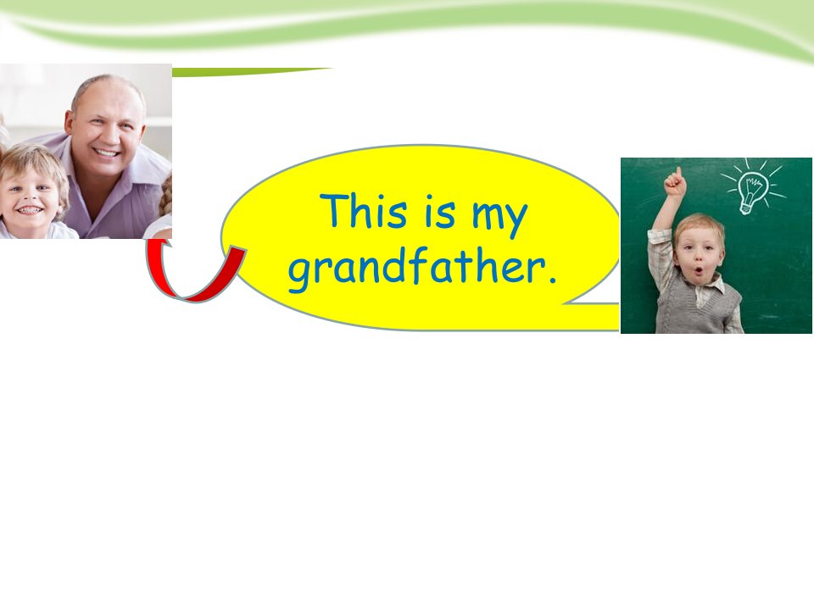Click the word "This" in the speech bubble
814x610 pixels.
coord(364,210)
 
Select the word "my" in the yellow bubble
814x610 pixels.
coord(499,219)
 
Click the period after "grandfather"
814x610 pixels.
coord(552,281)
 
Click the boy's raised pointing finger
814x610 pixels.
coord(678,173)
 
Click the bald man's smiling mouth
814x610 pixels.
coord(108,153)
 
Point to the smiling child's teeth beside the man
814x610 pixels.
coord(29,210)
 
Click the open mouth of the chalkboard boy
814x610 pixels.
coord(700,271)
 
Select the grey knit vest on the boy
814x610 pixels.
coord(697,307)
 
